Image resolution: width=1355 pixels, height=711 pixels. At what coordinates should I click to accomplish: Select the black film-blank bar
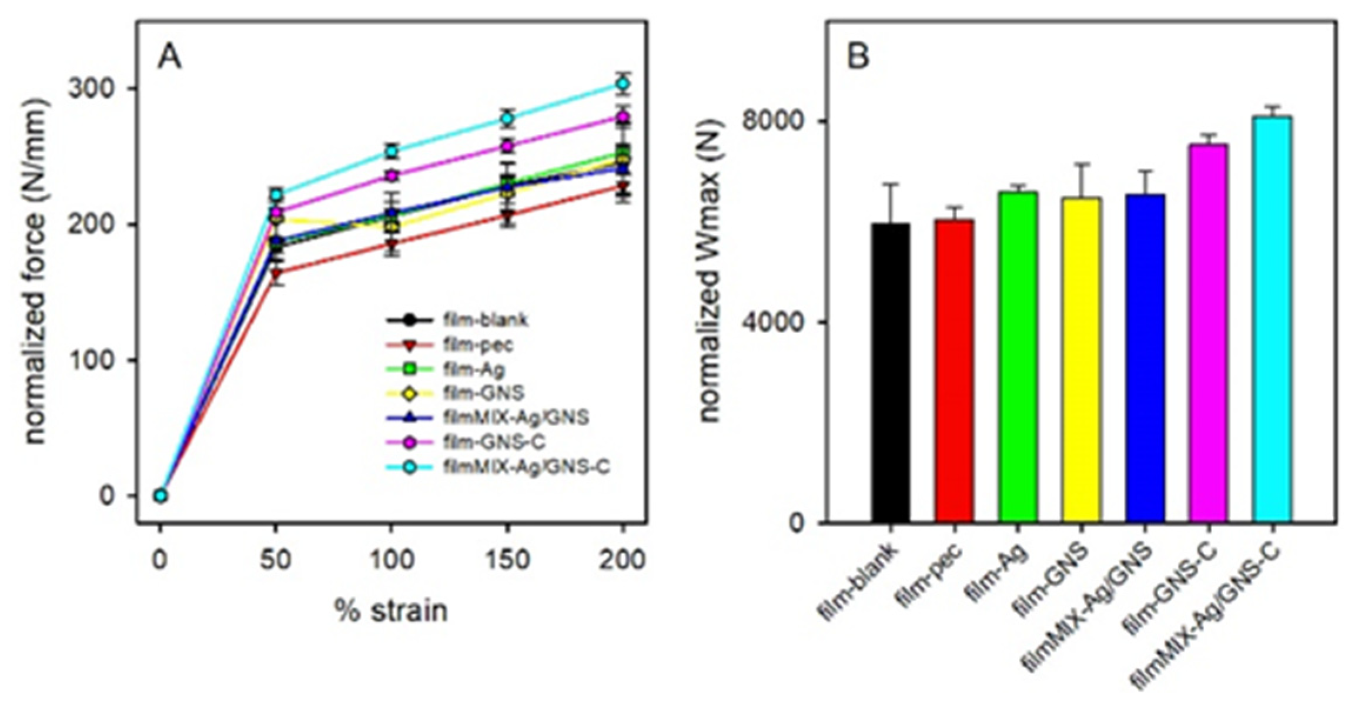pyautogui.click(x=891, y=373)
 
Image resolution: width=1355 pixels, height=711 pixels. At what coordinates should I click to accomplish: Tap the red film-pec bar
pyautogui.click(x=954, y=371)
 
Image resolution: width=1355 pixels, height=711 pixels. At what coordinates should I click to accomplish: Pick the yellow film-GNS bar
pyautogui.click(x=1082, y=360)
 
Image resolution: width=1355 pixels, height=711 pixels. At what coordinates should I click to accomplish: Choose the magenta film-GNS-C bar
pyautogui.click(x=1208, y=333)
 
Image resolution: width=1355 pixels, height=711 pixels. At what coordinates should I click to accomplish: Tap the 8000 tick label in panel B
pyautogui.click(x=769, y=122)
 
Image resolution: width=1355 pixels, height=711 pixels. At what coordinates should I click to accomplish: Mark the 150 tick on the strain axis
pyautogui.click(x=507, y=560)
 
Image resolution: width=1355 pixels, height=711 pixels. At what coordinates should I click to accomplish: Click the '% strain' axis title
pyautogui.click(x=392, y=611)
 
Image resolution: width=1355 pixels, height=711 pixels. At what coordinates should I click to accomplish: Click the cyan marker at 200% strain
pyautogui.click(x=623, y=84)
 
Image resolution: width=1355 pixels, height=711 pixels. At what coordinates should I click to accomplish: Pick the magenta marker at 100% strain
pyautogui.click(x=392, y=175)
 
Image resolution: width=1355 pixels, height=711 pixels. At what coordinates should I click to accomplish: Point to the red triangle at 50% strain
pyautogui.click(x=277, y=273)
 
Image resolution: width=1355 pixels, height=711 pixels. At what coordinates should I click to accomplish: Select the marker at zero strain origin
pyautogui.click(x=160, y=496)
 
